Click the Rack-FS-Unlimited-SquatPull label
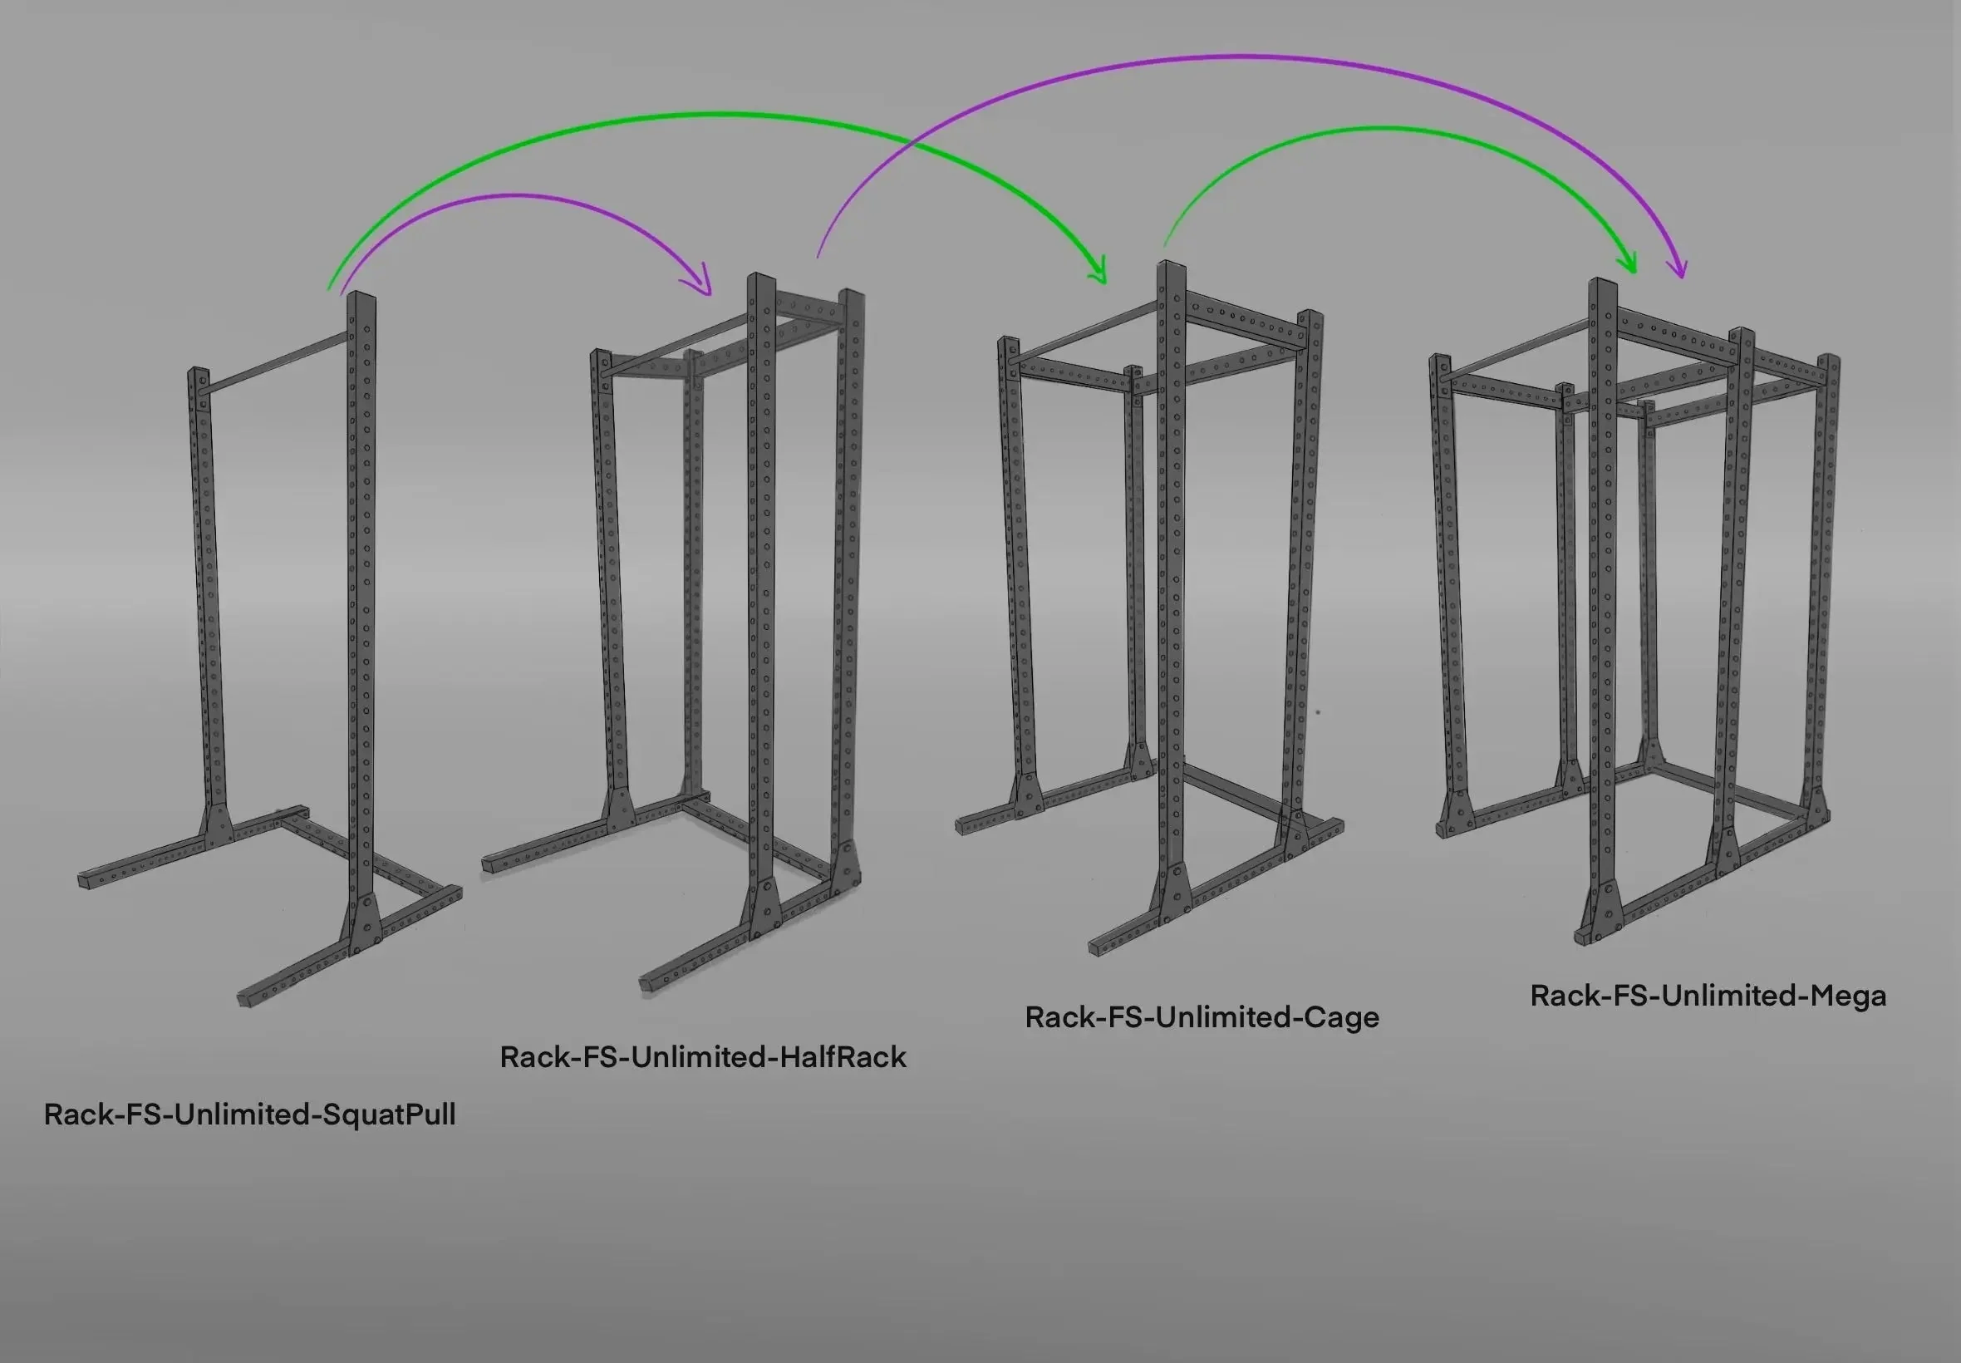click(249, 1115)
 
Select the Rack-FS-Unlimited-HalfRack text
click(703, 1057)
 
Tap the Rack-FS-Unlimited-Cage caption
click(1202, 1017)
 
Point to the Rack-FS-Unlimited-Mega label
click(1708, 996)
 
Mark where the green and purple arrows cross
click(911, 145)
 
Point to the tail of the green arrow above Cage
click(1165, 245)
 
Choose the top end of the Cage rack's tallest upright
click(1172, 265)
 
